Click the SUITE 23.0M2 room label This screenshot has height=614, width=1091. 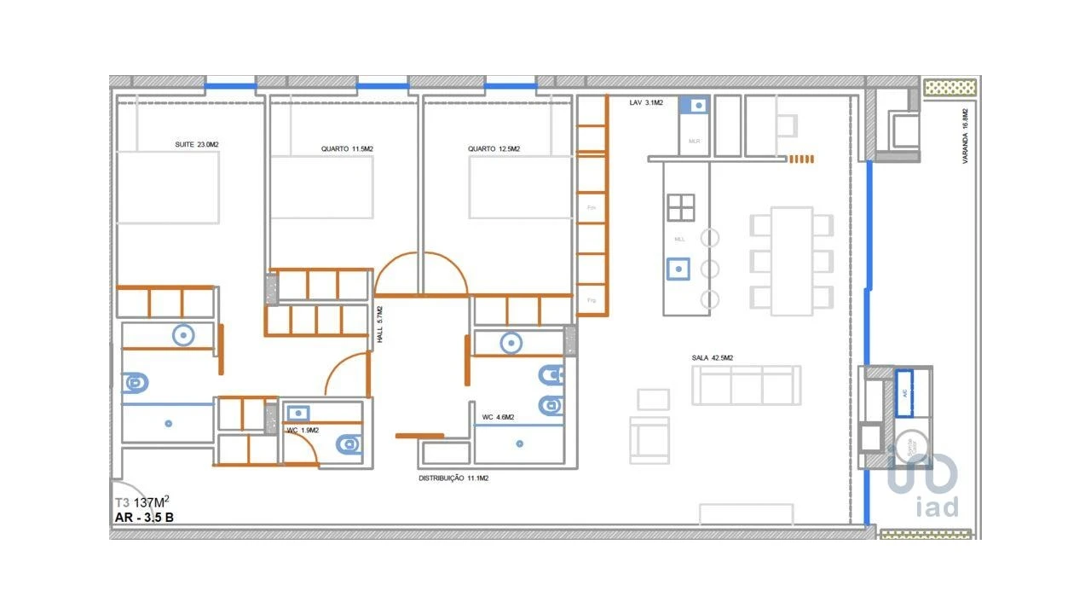[x=197, y=145]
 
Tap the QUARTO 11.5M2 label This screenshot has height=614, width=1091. [x=347, y=149]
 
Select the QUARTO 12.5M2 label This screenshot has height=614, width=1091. [x=494, y=149]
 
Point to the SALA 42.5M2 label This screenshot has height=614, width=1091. [x=713, y=358]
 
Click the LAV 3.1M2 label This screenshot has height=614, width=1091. [x=646, y=103]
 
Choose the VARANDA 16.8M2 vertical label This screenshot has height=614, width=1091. [x=966, y=136]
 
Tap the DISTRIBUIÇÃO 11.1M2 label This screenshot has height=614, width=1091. [x=453, y=479]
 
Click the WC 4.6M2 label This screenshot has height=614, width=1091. [x=498, y=417]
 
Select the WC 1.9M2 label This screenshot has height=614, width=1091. [x=303, y=431]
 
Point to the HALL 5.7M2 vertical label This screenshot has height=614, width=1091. [x=380, y=325]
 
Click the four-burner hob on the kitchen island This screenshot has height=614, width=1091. [x=681, y=207]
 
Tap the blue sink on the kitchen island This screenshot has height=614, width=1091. [x=678, y=269]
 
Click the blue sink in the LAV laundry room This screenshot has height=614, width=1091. [x=694, y=106]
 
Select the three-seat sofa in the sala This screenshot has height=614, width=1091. [x=746, y=385]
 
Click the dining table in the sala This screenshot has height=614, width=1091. [x=792, y=261]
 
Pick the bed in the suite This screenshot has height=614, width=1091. [x=168, y=188]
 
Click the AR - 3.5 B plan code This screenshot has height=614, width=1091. [x=145, y=518]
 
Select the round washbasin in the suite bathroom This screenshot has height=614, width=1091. [x=183, y=335]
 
